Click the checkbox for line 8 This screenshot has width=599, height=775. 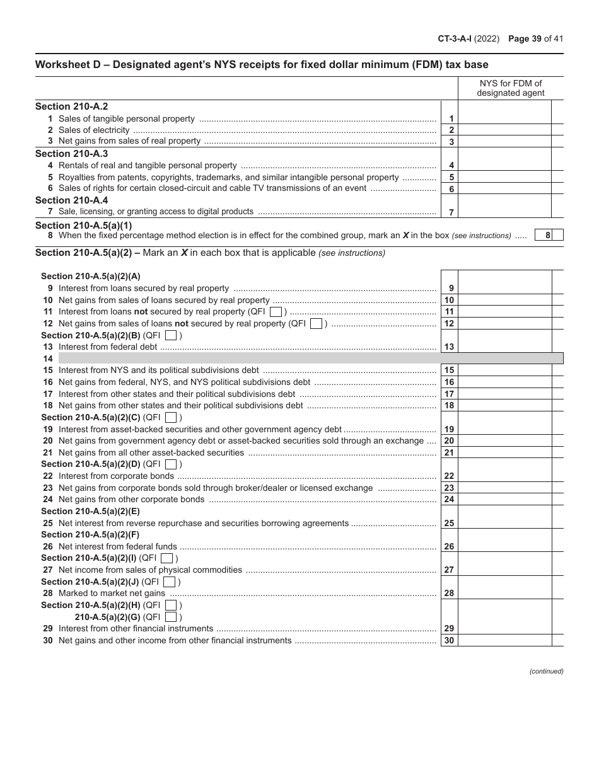tap(558, 235)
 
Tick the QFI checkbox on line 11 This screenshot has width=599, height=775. tap(276, 312)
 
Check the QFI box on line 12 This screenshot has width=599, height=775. tap(317, 324)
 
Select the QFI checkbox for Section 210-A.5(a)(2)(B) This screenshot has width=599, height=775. tap(170, 336)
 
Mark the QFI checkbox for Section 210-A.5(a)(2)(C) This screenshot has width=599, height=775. tap(170, 418)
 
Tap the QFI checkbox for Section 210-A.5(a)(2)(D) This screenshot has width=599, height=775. tap(170, 464)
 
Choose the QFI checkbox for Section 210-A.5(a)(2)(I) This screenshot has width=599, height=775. tap(166, 558)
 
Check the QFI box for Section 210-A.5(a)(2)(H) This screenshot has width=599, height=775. tap(170, 605)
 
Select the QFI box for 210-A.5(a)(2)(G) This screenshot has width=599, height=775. tap(170, 617)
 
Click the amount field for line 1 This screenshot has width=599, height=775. tap(504, 118)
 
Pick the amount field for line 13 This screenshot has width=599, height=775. tap(504, 347)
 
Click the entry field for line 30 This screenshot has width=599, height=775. tap(504, 640)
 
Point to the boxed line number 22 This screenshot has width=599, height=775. tap(449, 476)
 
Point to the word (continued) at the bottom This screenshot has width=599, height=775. tap(546, 672)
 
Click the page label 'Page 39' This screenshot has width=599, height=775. tap(528, 38)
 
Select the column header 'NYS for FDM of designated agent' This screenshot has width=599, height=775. tap(510, 88)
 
